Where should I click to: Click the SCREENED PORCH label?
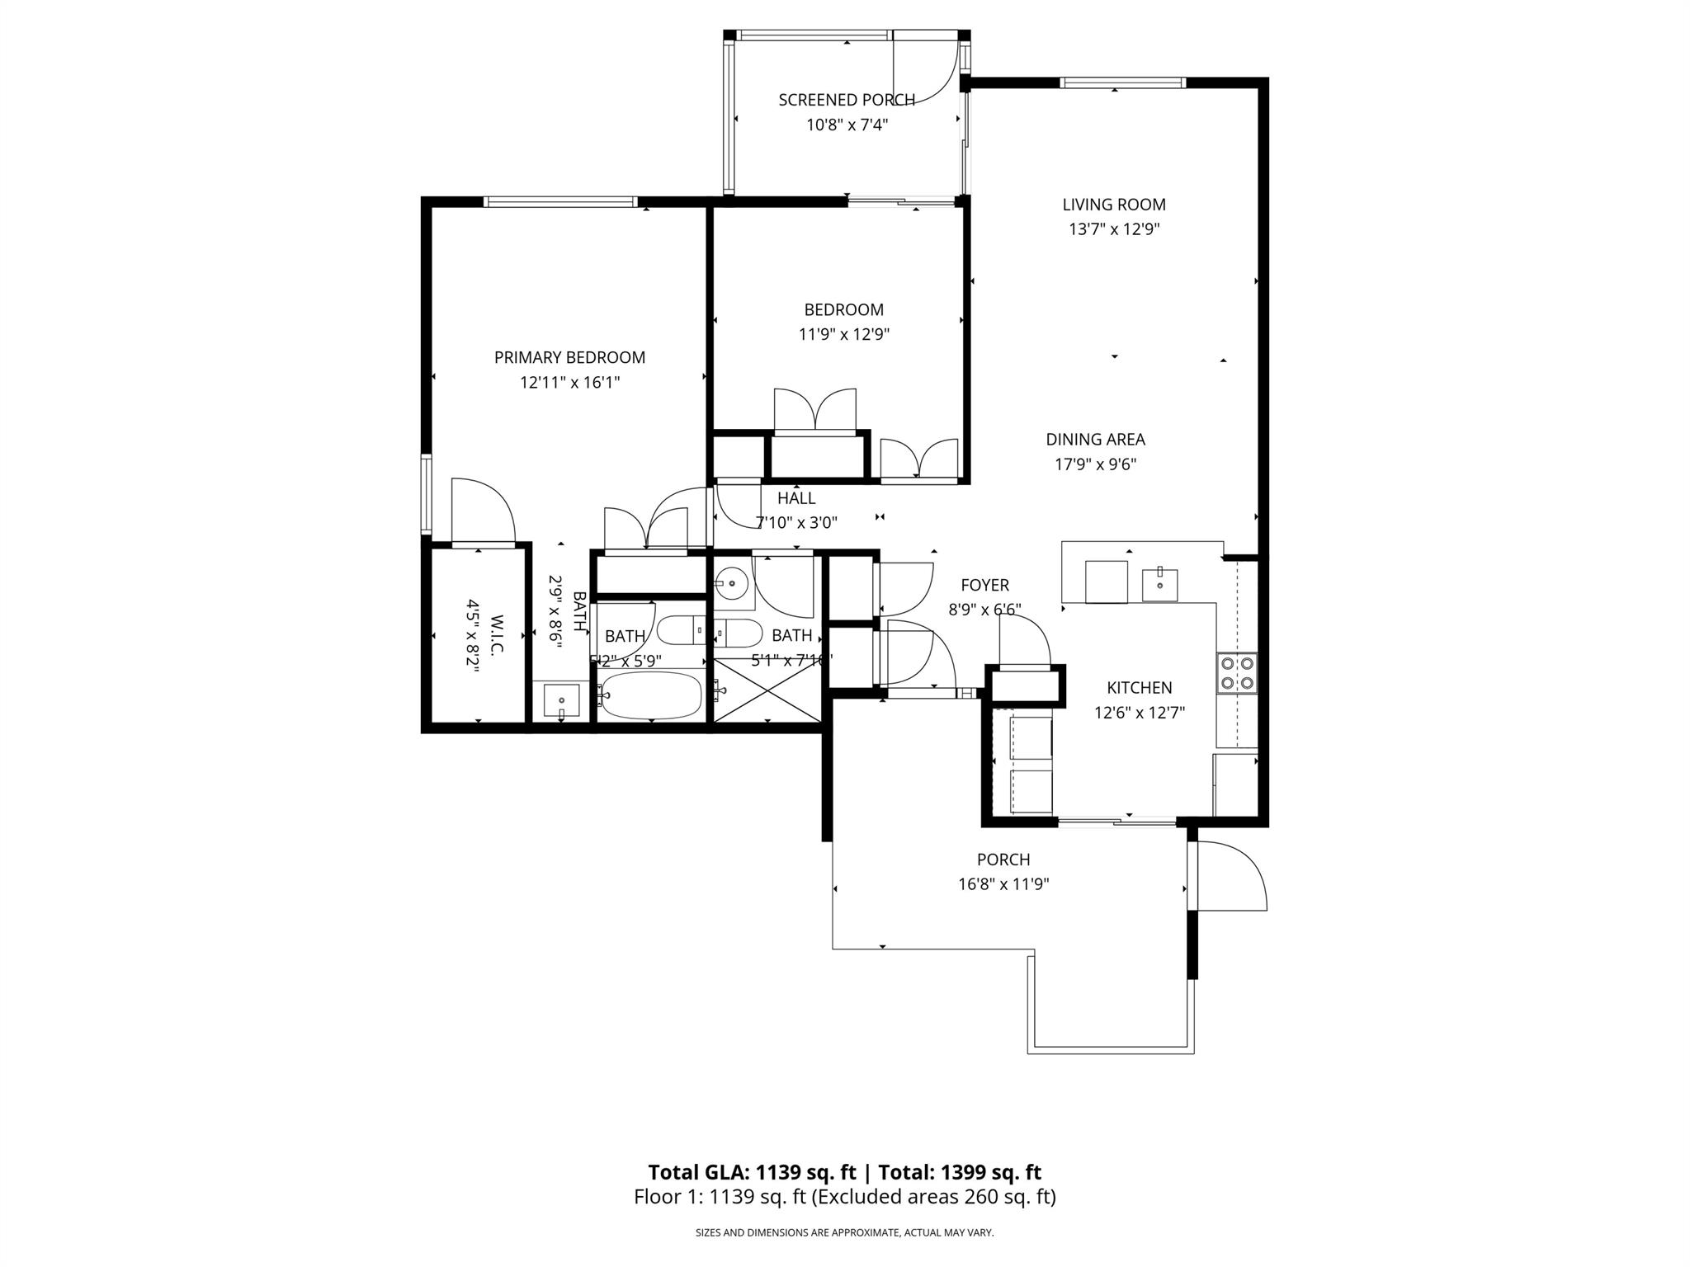(x=847, y=100)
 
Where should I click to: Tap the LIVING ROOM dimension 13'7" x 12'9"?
(x=1114, y=229)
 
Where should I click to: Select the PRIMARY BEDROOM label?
(x=569, y=357)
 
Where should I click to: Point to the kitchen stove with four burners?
(x=1237, y=671)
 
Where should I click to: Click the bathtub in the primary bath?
(x=651, y=695)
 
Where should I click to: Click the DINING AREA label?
(x=1095, y=440)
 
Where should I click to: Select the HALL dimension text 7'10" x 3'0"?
(x=796, y=522)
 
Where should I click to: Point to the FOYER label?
(x=984, y=585)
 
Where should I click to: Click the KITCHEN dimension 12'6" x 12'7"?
(x=1139, y=713)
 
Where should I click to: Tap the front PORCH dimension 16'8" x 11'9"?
(x=1003, y=884)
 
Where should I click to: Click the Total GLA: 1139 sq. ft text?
(x=752, y=1172)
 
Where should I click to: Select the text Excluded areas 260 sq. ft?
(x=933, y=1197)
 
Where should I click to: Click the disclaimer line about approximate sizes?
(x=844, y=1233)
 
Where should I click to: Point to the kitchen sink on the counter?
(x=1159, y=584)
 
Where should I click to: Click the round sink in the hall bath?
(x=730, y=583)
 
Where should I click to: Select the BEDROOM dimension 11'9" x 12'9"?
(x=843, y=334)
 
